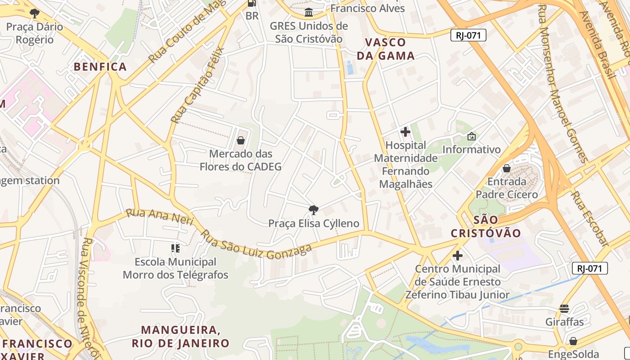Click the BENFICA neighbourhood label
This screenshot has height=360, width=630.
click(x=100, y=67)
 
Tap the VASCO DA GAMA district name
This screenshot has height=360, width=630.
click(x=385, y=49)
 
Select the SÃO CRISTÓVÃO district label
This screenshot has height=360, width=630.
click(x=486, y=226)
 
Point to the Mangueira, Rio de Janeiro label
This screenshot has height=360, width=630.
click(x=180, y=337)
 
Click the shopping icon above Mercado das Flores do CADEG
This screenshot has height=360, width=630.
click(x=241, y=140)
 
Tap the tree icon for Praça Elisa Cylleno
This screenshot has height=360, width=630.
click(x=314, y=210)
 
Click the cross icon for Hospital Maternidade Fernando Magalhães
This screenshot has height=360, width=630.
click(x=405, y=132)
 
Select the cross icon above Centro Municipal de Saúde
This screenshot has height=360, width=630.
click(x=458, y=256)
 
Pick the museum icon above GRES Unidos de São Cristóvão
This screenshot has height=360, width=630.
click(x=309, y=13)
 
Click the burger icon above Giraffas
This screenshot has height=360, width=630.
click(x=564, y=309)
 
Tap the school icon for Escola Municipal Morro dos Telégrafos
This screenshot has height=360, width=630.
click(x=175, y=248)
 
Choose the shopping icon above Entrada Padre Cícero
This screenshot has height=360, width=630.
click(x=507, y=168)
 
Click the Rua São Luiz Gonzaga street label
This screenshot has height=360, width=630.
click(x=256, y=245)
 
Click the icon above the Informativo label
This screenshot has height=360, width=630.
click(x=472, y=136)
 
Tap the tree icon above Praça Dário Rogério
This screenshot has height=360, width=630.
click(x=35, y=13)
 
